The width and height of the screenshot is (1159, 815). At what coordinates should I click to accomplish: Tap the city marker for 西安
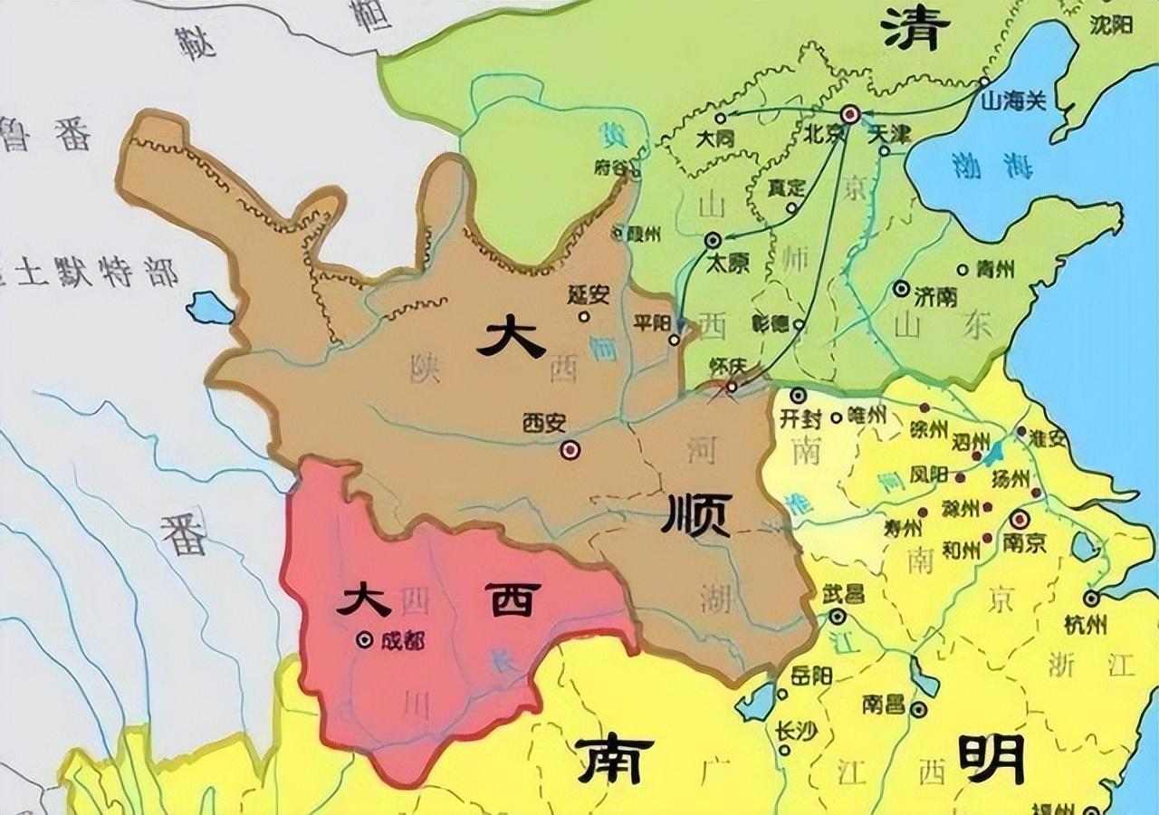pyautogui.click(x=570, y=449)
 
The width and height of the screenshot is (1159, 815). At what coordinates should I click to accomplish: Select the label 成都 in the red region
pyautogui.click(x=402, y=640)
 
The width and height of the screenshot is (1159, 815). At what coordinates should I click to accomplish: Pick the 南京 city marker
pyautogui.click(x=1020, y=520)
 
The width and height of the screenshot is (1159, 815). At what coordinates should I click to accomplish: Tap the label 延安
pyautogui.click(x=589, y=294)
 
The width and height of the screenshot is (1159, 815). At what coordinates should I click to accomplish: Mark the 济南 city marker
pyautogui.click(x=901, y=289)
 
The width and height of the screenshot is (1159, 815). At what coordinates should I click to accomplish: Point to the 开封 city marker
pyautogui.click(x=798, y=396)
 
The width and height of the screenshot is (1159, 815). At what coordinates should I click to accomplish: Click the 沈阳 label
pyautogui.click(x=1111, y=25)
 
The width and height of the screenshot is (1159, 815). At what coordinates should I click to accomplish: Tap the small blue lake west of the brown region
pyautogui.click(x=210, y=308)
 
